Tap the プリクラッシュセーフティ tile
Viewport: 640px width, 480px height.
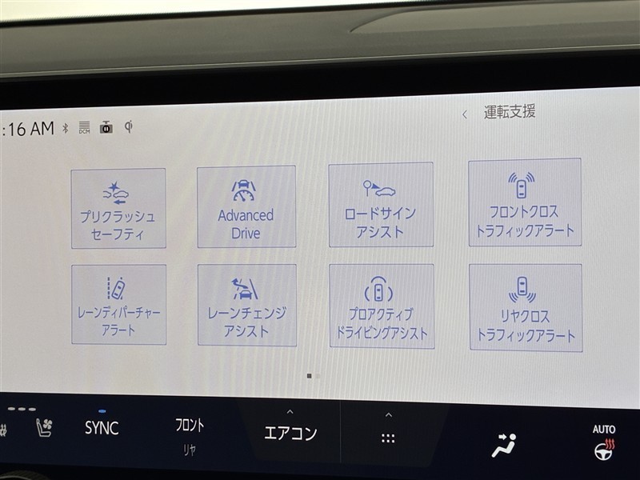coord(118,208)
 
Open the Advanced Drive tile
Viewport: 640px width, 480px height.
coord(246,206)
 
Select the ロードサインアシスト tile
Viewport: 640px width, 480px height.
coord(381,205)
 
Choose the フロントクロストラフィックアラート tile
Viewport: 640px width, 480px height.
coord(525,202)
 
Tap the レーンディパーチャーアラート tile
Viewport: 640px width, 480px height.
coord(118,305)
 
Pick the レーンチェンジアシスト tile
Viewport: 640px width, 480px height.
coord(247,306)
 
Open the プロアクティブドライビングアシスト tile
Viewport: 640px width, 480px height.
coord(382,306)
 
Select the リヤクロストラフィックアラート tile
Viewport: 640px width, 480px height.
coord(526,308)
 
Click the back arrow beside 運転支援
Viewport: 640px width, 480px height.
coord(465,114)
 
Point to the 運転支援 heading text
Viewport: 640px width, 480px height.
coord(510,111)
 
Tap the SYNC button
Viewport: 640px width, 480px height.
coord(102,427)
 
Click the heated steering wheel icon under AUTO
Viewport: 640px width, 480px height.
coord(605,450)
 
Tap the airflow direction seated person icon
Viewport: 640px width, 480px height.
coord(504,445)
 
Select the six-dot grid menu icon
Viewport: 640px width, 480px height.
coord(388,438)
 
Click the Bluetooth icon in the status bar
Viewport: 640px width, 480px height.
coord(66,129)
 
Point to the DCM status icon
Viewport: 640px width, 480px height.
coord(84,128)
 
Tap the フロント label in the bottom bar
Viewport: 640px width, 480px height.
coord(190,425)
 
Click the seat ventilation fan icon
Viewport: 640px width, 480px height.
coord(44,427)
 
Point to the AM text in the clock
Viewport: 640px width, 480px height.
coord(42,129)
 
